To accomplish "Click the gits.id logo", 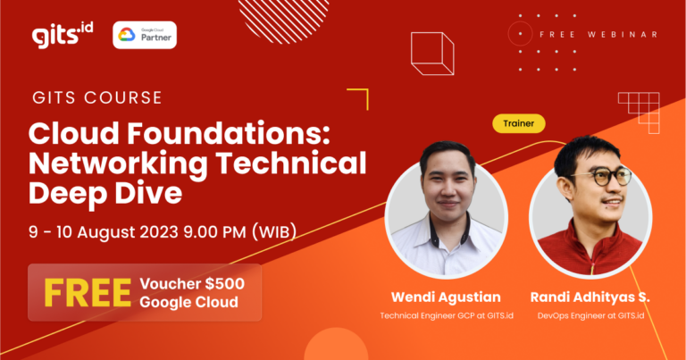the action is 63,35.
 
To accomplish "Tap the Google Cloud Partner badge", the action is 145,35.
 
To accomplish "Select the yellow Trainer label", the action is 518,123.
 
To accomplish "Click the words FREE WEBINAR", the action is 598,35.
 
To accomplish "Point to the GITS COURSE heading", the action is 97,97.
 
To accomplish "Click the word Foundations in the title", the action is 229,133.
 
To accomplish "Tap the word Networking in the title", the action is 118,164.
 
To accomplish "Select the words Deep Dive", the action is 105,193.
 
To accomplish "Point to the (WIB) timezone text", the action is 274,231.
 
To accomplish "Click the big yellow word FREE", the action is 88,293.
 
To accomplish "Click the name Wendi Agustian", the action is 446,297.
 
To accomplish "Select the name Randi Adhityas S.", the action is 590,297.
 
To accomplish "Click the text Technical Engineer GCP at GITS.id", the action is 447,316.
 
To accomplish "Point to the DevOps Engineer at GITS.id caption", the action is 590,316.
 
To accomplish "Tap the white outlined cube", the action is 432,54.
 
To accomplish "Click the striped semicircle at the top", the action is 283,21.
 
